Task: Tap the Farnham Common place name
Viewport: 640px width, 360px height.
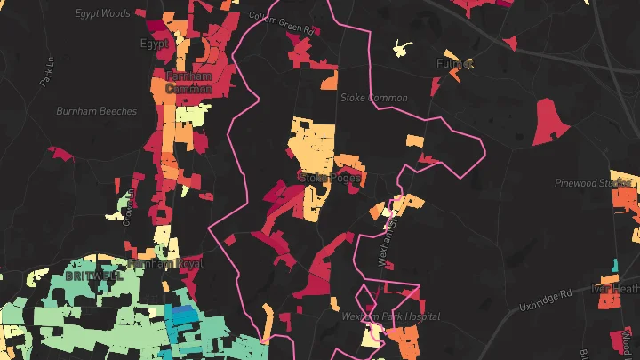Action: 188,83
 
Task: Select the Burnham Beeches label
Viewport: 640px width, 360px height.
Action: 96,111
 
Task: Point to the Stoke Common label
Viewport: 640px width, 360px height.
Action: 374,98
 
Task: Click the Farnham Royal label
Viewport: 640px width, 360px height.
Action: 165,264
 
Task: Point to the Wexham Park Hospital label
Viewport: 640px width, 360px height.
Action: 390,316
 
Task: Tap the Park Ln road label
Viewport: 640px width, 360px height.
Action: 47,73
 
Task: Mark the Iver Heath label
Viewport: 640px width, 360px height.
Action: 616,289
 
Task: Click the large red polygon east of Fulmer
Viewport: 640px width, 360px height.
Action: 550,123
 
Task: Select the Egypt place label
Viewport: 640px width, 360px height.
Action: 154,43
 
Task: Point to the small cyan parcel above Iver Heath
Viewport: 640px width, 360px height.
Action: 614,265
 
